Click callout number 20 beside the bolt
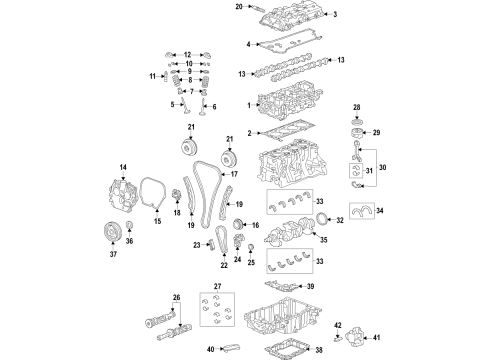(x=238, y=7)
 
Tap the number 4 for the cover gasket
(x=248, y=44)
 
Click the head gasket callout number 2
(x=250, y=132)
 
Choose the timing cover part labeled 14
(x=124, y=195)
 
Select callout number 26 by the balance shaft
(x=176, y=297)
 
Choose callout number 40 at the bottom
(x=210, y=349)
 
